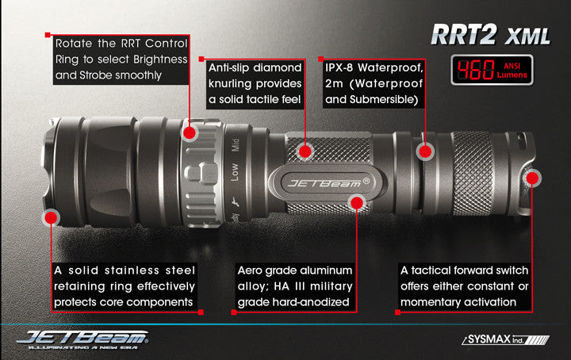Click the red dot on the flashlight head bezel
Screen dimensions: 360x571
[x=51, y=216]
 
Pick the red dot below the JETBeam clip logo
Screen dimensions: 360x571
[x=356, y=204]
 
